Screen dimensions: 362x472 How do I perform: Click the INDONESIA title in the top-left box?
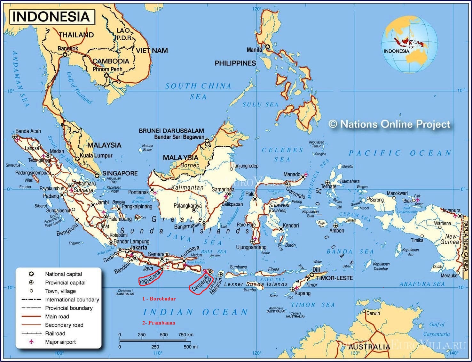coord(51,17)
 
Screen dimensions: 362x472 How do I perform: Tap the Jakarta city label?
coord(138,247)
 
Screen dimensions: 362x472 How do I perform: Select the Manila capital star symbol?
coord(267,47)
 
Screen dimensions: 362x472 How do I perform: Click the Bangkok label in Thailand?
coord(68,48)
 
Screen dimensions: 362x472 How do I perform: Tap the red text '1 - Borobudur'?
coord(159,299)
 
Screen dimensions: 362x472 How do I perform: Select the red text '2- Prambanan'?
coord(159,323)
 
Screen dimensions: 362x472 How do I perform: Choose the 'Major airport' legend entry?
coord(60,342)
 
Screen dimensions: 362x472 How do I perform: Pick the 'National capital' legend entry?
coord(63,274)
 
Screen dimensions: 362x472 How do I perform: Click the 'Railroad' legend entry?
coord(55,333)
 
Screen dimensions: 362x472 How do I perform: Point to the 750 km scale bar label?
coord(186,334)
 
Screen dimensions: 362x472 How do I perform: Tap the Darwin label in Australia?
coord(373,313)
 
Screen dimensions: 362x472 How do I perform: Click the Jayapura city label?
coord(451,210)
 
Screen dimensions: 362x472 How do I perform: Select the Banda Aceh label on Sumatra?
coord(28,131)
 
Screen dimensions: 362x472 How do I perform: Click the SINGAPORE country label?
coord(120,173)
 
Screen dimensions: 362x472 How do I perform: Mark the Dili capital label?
coord(316,270)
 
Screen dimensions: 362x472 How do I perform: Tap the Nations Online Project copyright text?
coord(390,124)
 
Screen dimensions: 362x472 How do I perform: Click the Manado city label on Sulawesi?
coord(292,174)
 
